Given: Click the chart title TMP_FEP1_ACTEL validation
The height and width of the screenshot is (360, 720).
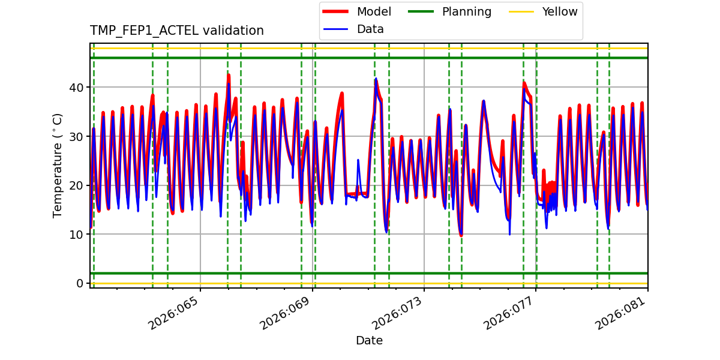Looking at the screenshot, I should pyautogui.click(x=176, y=31).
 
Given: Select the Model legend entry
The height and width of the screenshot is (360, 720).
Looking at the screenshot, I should pyautogui.click(x=373, y=11).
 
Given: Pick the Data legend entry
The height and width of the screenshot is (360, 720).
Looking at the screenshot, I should pyautogui.click(x=370, y=29).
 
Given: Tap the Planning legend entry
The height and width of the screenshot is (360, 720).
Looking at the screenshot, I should pyautogui.click(x=466, y=11).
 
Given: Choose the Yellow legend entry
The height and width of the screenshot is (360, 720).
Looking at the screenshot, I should pyautogui.click(x=559, y=11).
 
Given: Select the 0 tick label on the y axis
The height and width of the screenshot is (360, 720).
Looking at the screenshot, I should pyautogui.click(x=80, y=283).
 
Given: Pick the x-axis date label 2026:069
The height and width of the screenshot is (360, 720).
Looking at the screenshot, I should pyautogui.click(x=287, y=313).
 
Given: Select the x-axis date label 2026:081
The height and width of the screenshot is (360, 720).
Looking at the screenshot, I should pyautogui.click(x=622, y=313).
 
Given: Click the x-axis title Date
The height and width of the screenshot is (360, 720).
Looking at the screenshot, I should pyautogui.click(x=369, y=341).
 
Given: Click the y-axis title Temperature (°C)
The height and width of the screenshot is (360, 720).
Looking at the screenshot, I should pyautogui.click(x=58, y=165).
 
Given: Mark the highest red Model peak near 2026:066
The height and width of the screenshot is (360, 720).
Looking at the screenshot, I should pyautogui.click(x=229, y=75).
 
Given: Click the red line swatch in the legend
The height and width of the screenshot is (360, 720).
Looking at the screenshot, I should pyautogui.click(x=337, y=11).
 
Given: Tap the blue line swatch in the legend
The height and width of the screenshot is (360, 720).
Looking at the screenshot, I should pyautogui.click(x=337, y=29).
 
